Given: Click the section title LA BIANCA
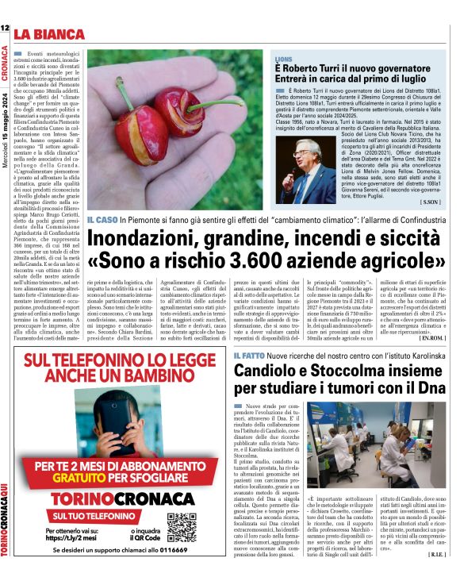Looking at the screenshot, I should (48, 34).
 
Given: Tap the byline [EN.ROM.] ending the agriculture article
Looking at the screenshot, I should (432, 337).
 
